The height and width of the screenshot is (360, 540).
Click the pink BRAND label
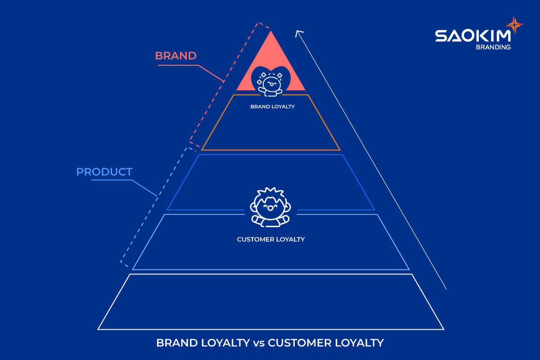pyautogui.click(x=176, y=56)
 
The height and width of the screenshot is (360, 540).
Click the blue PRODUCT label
pyautogui.click(x=104, y=172)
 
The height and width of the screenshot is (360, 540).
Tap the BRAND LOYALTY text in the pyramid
pyautogui.click(x=272, y=107)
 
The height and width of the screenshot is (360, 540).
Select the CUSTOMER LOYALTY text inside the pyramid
pyautogui.click(x=271, y=239)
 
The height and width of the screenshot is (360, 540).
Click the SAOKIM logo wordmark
pyautogui.click(x=473, y=36)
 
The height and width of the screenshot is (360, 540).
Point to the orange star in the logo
pyautogui.click(x=514, y=25)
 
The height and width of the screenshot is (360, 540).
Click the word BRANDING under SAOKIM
pyautogui.click(x=493, y=47)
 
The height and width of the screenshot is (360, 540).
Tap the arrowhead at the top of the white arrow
pyautogui.click(x=298, y=31)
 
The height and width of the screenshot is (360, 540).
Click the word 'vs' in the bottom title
pyautogui.click(x=259, y=343)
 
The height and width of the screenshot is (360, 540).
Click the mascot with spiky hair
pyautogui.click(x=270, y=207)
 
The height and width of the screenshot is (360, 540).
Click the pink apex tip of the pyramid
pyautogui.click(x=271, y=31)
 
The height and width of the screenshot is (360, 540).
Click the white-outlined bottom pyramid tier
pyautogui.click(x=271, y=329)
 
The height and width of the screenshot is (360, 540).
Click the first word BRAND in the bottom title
pyautogui.click(x=177, y=343)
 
